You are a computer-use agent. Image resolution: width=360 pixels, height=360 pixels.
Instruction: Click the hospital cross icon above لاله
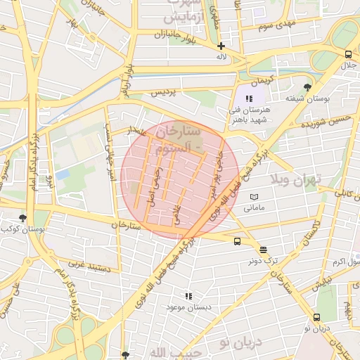click(221, 46)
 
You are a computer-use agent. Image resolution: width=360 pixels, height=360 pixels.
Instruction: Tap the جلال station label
click(349, 65)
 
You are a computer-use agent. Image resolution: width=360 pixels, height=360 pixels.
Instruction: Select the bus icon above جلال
click(348, 54)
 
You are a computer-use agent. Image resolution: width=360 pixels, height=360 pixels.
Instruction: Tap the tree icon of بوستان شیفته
click(307, 86)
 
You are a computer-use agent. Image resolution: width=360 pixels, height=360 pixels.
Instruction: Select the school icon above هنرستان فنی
click(249, 98)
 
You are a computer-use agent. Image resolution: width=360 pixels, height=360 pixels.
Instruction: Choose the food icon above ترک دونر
click(263, 249)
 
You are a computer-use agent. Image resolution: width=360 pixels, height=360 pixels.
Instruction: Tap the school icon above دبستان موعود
click(188, 297)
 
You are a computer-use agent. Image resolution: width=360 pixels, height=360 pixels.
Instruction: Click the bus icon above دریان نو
click(316, 317)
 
